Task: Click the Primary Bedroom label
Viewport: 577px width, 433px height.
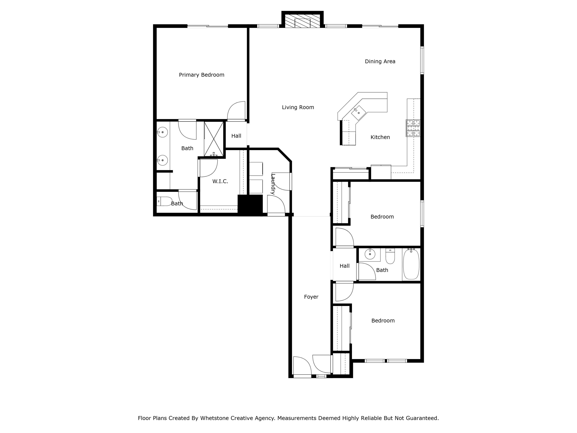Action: click(201, 75)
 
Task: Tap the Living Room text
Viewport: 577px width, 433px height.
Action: click(298, 107)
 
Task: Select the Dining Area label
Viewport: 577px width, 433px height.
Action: click(380, 61)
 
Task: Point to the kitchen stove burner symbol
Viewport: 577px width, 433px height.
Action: click(413, 128)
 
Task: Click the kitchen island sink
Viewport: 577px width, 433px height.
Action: click(358, 113)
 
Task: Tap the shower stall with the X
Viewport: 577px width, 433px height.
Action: click(214, 139)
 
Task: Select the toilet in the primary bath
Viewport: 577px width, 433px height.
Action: click(164, 201)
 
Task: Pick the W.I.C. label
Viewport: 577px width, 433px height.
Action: click(220, 181)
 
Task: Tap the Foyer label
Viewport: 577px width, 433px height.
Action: click(311, 297)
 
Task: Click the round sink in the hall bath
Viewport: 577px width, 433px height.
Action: click(370, 254)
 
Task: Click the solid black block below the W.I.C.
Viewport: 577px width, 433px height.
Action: click(250, 205)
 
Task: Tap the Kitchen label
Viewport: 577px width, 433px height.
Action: click(380, 137)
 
